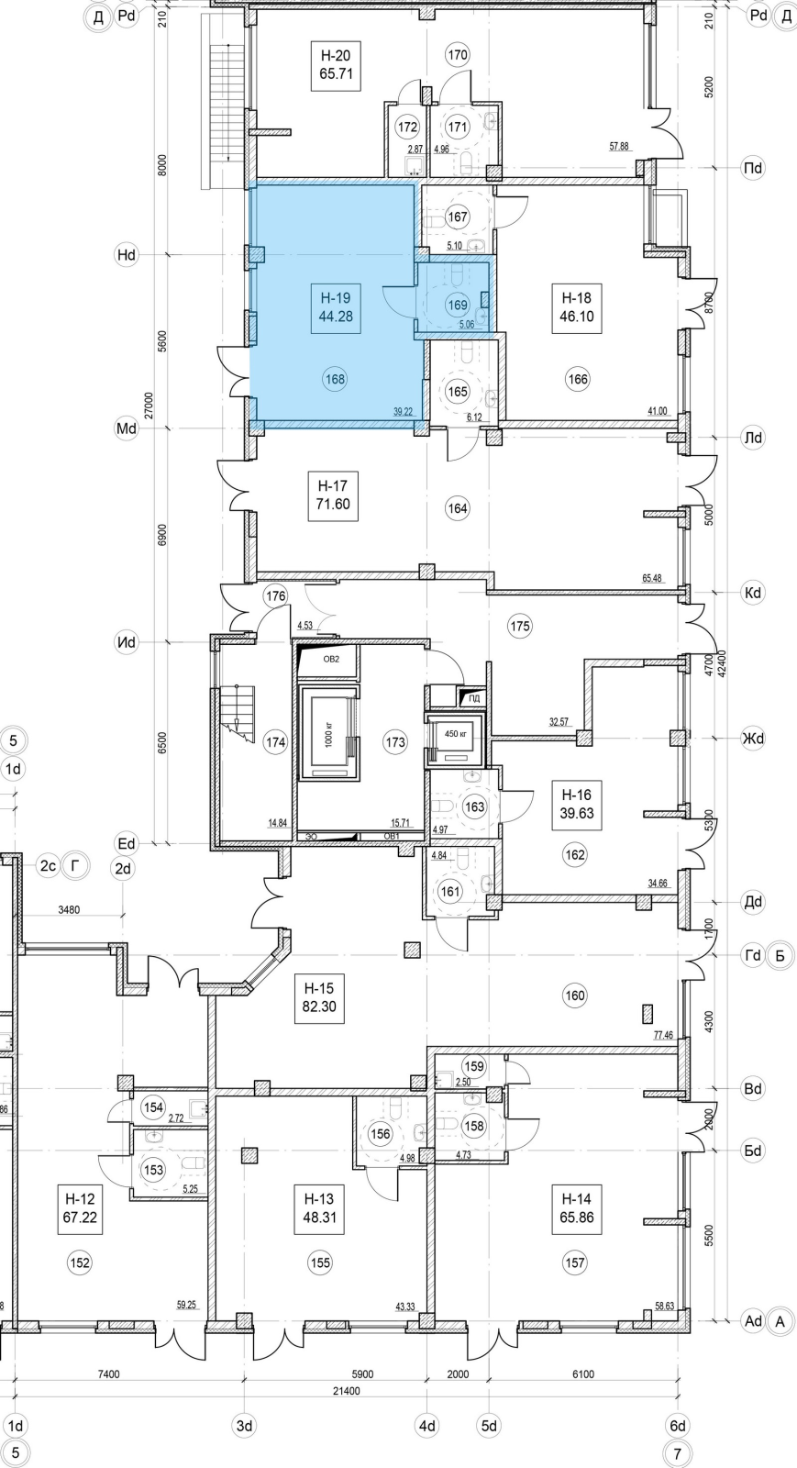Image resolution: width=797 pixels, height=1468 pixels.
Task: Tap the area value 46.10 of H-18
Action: coord(577,317)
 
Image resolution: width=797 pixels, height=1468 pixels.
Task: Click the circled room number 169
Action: coord(458,306)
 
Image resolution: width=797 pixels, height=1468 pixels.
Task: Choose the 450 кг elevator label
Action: coord(456,734)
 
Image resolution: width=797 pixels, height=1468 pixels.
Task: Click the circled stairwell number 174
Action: coord(275,743)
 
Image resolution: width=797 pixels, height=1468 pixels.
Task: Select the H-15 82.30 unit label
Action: coord(319,996)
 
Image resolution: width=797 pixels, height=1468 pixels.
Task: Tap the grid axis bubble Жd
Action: coord(753,738)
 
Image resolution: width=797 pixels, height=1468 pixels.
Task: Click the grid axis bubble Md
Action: coord(126,428)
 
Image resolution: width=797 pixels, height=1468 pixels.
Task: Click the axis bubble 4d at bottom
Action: coord(426,1426)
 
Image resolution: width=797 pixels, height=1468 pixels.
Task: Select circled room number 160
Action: coord(575,995)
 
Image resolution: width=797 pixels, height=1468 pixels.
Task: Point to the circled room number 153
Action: coord(153,1171)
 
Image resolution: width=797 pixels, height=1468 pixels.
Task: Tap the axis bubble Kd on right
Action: coord(753,593)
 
